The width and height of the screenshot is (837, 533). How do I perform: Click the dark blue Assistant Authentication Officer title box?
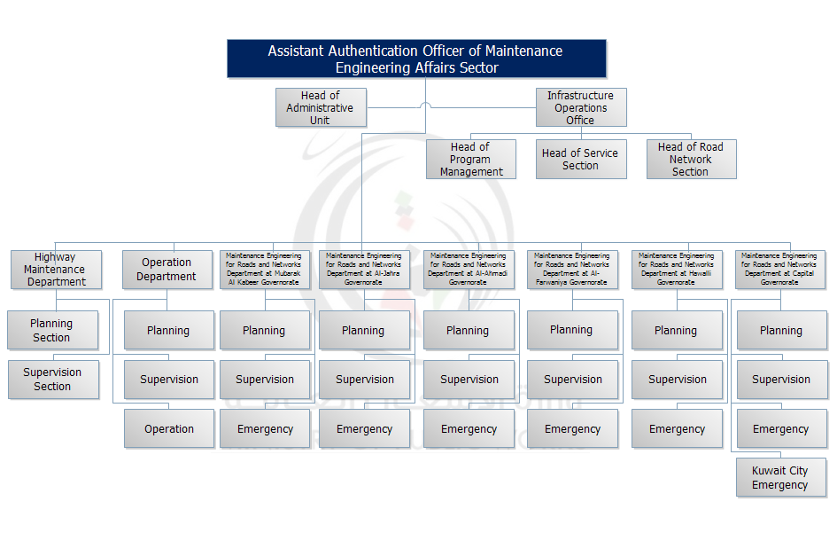pyautogui.click(x=416, y=59)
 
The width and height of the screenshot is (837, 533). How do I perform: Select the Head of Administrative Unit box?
pyautogui.click(x=320, y=107)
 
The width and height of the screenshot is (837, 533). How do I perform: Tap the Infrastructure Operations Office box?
pyautogui.click(x=580, y=107)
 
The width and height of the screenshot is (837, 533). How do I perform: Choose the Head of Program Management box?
pyautogui.click(x=470, y=160)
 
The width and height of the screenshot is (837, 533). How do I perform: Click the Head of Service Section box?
pyautogui.click(x=580, y=160)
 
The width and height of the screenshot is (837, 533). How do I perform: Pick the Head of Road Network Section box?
pyautogui.click(x=690, y=160)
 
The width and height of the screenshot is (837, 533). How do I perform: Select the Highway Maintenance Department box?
pyautogui.click(x=56, y=270)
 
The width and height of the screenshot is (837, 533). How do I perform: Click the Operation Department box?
pyautogui.click(x=167, y=270)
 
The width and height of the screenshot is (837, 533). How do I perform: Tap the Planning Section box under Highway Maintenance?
pyautogui.click(x=51, y=331)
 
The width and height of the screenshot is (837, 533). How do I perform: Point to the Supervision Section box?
pyautogui.click(x=52, y=380)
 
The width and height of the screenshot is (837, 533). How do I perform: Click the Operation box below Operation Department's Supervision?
pyautogui.click(x=169, y=428)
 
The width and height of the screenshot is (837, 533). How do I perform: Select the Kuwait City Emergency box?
pyautogui.click(x=780, y=478)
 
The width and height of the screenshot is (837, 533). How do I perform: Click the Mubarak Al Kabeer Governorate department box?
pyautogui.click(x=264, y=270)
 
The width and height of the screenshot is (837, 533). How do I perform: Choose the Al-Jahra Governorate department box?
pyautogui.click(x=363, y=270)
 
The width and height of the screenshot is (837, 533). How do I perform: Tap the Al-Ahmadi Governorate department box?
pyautogui.click(x=468, y=270)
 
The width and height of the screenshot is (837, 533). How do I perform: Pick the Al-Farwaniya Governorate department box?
pyautogui.click(x=572, y=270)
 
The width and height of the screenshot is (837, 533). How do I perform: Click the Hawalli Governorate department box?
pyautogui.click(x=677, y=270)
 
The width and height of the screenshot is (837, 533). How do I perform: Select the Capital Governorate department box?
pyautogui.click(x=779, y=270)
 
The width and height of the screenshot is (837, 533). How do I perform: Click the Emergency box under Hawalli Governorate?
pyautogui.click(x=677, y=428)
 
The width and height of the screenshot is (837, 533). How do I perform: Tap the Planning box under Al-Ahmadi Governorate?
pyautogui.click(x=468, y=331)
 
